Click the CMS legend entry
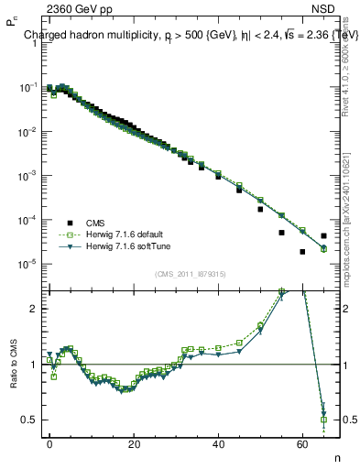coord(95,223)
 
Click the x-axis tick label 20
coord(134,442)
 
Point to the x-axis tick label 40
coord(218,442)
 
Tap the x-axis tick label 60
coord(302,442)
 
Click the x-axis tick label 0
coord(49,442)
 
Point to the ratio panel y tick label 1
coord(32,365)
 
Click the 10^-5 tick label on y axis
coord(27,264)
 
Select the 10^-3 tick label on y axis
coord(27,175)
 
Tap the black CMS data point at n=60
coord(302,251)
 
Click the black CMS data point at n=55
coord(281,233)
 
